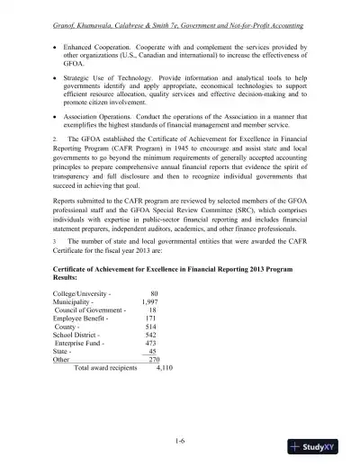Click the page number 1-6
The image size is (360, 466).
180,441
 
